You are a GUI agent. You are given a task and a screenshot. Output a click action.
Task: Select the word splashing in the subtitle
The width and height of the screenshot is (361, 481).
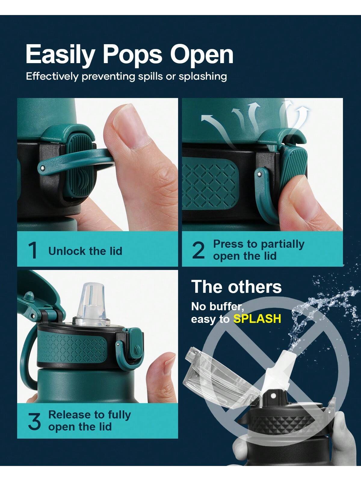pyautogui.click(x=203, y=77)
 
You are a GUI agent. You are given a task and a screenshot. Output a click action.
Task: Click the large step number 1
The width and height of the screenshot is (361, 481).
pyautogui.click(x=33, y=250)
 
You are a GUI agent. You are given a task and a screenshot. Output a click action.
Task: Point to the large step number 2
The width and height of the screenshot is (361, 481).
pyautogui.click(x=198, y=250)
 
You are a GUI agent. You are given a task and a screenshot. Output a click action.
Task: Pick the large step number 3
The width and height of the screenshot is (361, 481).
pyautogui.click(x=34, y=421)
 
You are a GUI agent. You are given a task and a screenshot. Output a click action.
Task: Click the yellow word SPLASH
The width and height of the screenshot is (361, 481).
pyautogui.click(x=257, y=319)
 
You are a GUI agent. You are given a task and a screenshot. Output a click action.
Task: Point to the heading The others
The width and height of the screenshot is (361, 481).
pyautogui.click(x=236, y=286)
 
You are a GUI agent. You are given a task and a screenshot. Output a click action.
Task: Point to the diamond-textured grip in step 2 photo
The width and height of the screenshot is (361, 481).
pyautogui.click(x=210, y=183)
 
